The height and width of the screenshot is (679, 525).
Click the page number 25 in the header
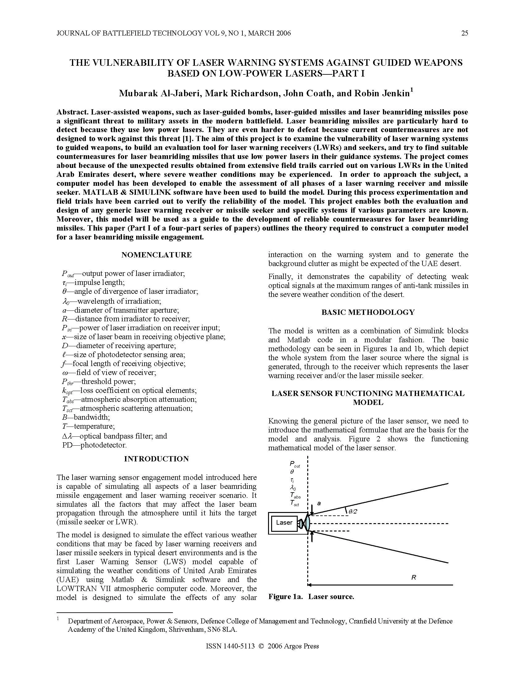click(464, 33)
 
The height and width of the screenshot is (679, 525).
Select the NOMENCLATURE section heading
click(157, 255)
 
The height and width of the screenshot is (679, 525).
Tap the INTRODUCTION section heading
click(157, 459)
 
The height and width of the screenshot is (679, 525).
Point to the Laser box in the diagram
click(284, 523)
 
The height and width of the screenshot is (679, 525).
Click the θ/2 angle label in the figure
click(352, 511)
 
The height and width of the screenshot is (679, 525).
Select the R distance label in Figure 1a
click(414, 578)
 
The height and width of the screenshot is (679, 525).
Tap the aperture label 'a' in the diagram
click(319, 503)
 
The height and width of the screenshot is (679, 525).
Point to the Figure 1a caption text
click(311, 597)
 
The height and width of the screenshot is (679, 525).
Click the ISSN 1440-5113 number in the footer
click(230, 646)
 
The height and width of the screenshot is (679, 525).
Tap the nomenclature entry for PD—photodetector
click(94, 445)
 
